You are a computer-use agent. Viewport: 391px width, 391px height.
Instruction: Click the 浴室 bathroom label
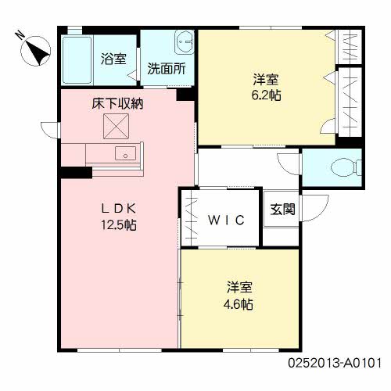(113, 59)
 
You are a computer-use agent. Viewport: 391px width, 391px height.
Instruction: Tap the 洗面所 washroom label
(167, 69)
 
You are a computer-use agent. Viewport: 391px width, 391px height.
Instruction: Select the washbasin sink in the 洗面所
(185, 42)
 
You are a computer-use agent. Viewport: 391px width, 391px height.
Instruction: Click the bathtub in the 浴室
(77, 60)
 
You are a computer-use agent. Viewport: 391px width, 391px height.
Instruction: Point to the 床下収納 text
(117, 103)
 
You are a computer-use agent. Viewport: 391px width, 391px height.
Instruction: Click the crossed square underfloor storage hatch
(116, 126)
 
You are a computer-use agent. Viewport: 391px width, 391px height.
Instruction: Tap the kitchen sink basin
(125, 153)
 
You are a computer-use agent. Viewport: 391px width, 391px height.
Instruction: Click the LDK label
(119, 209)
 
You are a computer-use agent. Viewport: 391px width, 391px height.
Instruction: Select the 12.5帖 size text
(119, 224)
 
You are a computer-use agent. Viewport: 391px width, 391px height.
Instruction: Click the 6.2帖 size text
(266, 95)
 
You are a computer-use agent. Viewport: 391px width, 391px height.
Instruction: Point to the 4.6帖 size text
(239, 304)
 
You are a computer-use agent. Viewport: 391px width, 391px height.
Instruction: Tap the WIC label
(226, 221)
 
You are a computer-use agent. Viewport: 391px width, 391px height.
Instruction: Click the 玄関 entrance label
(282, 209)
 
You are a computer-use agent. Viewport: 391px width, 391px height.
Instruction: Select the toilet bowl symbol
(346, 167)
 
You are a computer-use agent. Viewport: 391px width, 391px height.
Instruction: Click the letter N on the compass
(20, 34)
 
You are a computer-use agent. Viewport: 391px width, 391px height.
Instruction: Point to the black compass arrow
(38, 54)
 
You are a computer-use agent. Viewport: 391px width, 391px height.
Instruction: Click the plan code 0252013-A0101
(335, 363)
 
